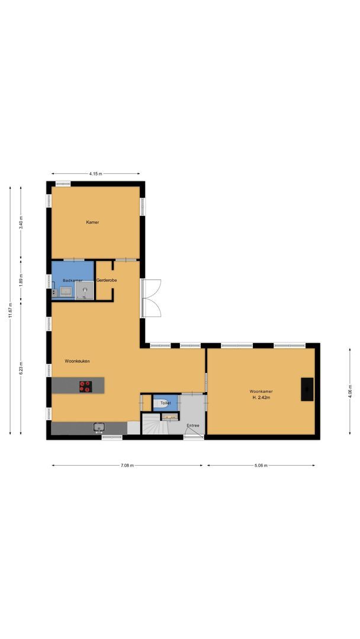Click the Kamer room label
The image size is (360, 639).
coord(92,222)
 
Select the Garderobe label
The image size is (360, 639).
coord(107,280)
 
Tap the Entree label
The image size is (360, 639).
coord(192,425)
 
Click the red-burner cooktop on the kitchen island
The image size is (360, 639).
coord(86,386)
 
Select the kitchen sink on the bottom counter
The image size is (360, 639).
coord(98,427)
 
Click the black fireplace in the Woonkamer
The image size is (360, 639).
coord(307,389)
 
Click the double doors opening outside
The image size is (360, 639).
coord(151,298)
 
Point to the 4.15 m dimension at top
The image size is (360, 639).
coord(95,174)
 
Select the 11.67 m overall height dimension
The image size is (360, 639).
coord(10,311)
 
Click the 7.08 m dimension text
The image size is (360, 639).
coord(127,466)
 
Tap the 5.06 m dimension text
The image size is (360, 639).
coord(261,466)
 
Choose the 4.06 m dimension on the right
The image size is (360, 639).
coord(350,392)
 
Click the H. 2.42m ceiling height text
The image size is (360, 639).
coord(260,398)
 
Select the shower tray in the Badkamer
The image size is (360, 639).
coord(85,290)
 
